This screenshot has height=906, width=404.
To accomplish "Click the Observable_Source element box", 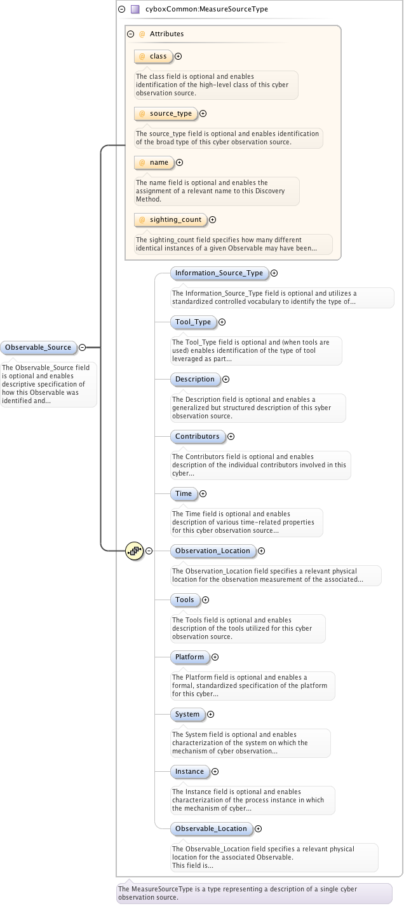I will [38, 347].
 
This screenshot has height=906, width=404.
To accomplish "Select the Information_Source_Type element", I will [219, 273].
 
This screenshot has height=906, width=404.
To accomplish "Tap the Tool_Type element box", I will [193, 322].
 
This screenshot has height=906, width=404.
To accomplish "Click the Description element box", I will [195, 380].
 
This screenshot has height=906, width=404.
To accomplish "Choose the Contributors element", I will [197, 437].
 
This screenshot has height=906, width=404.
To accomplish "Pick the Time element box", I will [184, 494].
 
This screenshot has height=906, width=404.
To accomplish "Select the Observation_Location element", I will [213, 551].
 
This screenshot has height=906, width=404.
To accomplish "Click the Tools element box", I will [185, 600].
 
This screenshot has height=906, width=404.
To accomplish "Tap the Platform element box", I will [189, 657].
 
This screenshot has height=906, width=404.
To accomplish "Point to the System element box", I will [187, 715].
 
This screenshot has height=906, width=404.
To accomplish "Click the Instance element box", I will [189, 772].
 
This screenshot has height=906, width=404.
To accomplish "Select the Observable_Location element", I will [211, 829].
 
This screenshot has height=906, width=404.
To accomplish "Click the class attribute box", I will [153, 57].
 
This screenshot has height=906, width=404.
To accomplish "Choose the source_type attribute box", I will [165, 114].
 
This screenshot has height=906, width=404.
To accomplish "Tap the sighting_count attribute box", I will [170, 220].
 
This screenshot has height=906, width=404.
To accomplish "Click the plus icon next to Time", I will [203, 494].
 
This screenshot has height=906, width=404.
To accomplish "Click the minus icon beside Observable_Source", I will [82, 347].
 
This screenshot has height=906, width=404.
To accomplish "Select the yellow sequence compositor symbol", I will [134, 551].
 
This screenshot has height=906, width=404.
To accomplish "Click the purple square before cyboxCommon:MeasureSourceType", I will [135, 10].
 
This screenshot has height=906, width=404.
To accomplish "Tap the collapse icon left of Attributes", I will [130, 34].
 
